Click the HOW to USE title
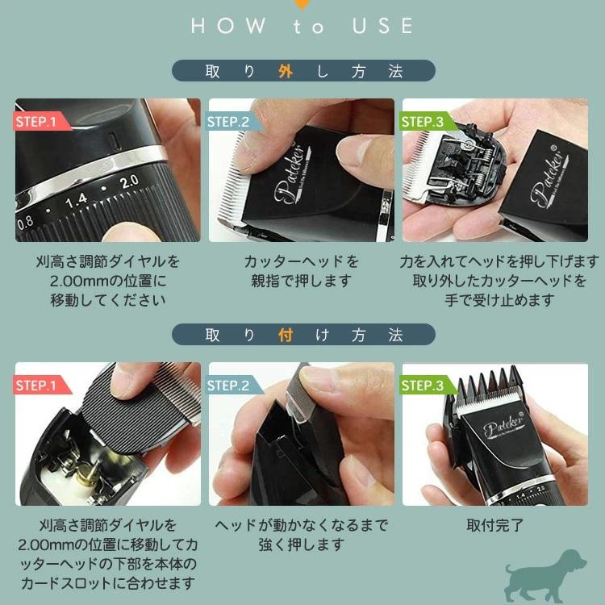click(302, 26)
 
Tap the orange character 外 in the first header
click(284, 70)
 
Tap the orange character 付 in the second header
click(284, 335)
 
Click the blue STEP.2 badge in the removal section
click(229, 122)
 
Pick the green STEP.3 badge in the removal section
click(423, 122)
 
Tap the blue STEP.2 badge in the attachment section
click(229, 386)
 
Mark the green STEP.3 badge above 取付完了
click(423, 386)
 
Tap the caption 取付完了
click(494, 525)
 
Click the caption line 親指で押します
click(301, 282)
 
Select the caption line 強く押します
click(301, 545)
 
